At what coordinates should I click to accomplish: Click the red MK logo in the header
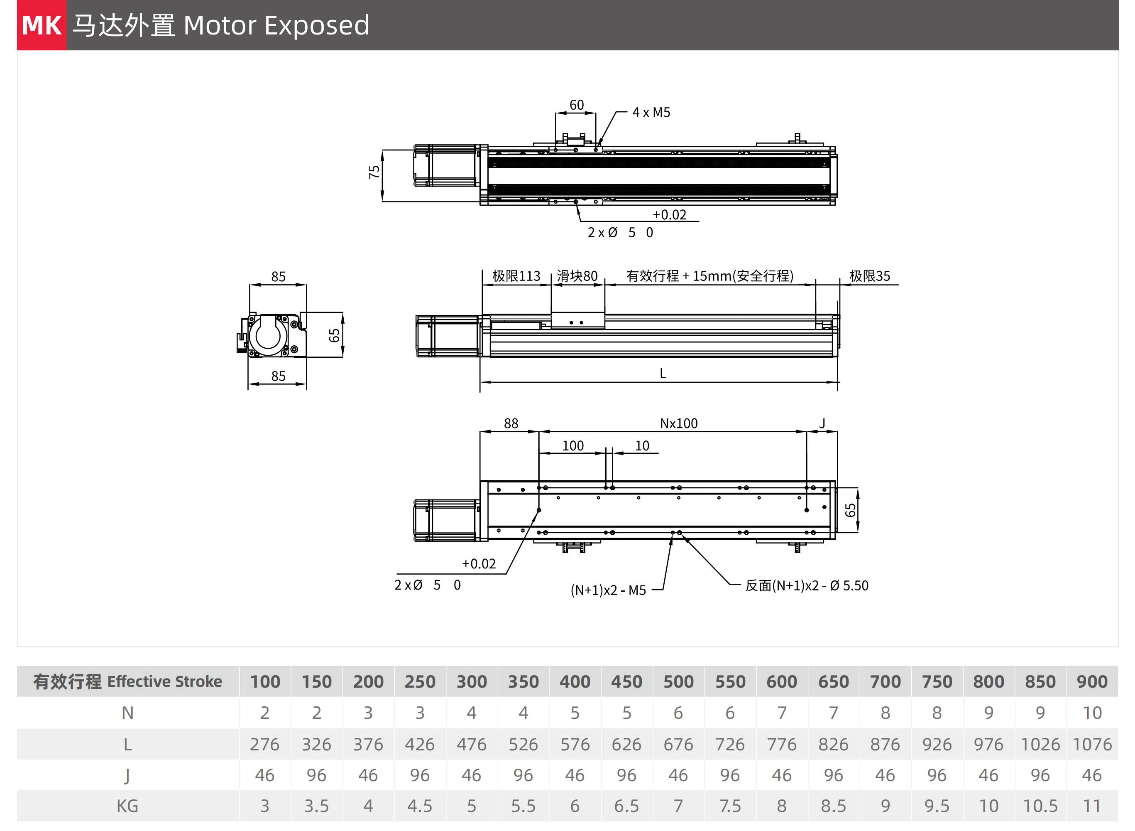(42, 25)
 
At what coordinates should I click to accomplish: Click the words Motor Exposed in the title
(276, 25)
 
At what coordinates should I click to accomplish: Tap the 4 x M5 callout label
(651, 112)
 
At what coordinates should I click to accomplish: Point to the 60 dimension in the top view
(576, 105)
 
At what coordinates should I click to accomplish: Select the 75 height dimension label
(374, 172)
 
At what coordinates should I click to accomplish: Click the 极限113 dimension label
(516, 276)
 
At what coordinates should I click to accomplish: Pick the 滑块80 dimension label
(577, 276)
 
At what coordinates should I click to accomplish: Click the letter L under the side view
(663, 373)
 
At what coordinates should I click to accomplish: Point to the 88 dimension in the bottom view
(511, 423)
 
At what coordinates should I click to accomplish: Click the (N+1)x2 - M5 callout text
(608, 590)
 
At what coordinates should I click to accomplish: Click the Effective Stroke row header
(128, 681)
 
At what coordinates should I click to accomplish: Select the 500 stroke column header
(678, 681)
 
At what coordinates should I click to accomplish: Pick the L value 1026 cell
(1040, 745)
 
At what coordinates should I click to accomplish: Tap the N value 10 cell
(1092, 713)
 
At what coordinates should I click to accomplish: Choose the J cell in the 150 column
(316, 775)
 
